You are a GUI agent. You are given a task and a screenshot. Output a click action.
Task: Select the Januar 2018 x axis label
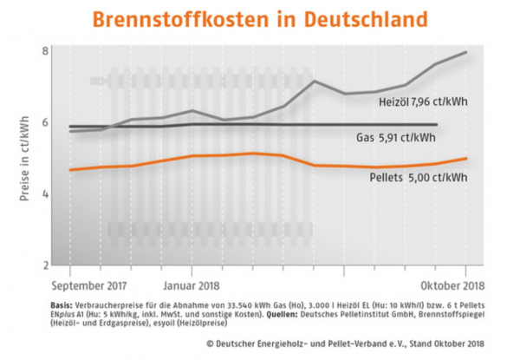pyautogui.click(x=190, y=285)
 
